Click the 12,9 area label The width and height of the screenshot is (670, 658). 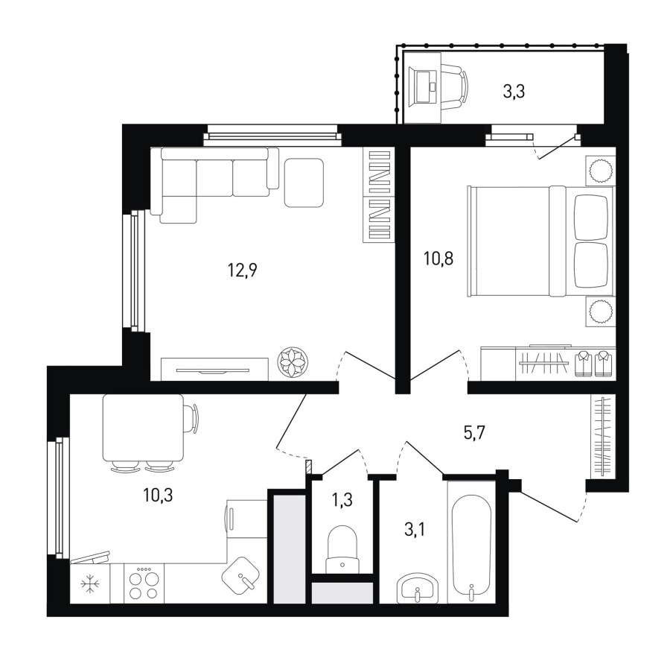click(x=243, y=271)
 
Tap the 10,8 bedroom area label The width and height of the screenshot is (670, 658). click(x=438, y=259)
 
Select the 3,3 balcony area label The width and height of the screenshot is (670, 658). click(x=513, y=92)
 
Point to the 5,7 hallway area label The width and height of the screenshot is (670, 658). click(x=474, y=434)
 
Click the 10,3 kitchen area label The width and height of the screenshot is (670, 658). click(x=158, y=496)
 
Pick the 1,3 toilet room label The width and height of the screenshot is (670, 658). click(x=342, y=499)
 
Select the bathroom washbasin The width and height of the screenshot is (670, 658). click(x=418, y=589)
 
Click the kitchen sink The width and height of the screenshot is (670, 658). click(x=241, y=575)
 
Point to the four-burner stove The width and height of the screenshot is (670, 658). click(x=144, y=583)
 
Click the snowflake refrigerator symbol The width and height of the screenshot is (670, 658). click(x=90, y=584)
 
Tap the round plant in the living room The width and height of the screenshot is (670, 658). click(x=293, y=362)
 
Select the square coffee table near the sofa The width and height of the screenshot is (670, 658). click(x=304, y=183)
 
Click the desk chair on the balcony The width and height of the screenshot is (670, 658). click(x=455, y=87)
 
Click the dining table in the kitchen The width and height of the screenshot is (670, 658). click(x=144, y=428)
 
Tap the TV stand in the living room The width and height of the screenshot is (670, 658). click(x=214, y=369)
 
